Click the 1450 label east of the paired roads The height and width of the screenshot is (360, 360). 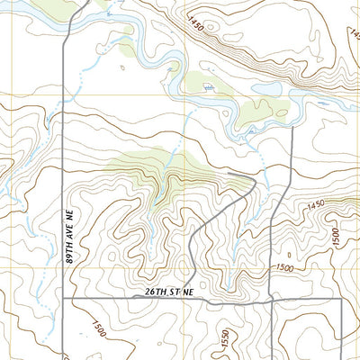pos(315,206)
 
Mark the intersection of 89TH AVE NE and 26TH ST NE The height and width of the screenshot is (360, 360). pos(63,298)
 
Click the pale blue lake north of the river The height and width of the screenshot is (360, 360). pos(267,88)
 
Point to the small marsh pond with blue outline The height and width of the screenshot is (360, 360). pos(209,87)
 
